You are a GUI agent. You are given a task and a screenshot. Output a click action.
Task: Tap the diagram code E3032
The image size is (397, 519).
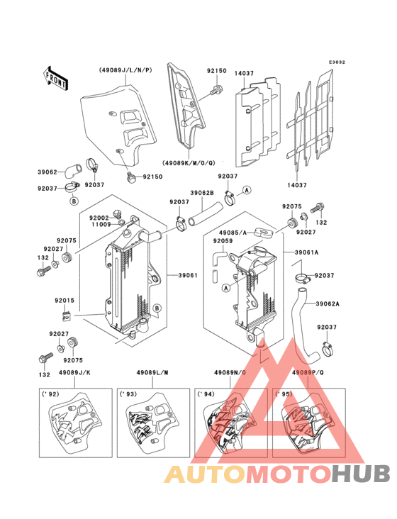tap(337, 62)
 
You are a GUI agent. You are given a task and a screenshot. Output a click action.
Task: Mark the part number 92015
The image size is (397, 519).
tap(65, 301)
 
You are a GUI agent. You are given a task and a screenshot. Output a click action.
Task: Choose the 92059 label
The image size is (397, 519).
tap(223, 241)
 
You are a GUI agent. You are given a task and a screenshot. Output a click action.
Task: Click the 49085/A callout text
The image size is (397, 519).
tap(233, 232)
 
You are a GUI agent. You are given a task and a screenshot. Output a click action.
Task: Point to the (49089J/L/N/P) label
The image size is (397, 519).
tap(121, 70)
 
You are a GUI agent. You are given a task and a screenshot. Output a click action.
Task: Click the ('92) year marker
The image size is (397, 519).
tap(50, 394)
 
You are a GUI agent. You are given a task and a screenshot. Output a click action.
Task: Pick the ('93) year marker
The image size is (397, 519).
tap(128, 394)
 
